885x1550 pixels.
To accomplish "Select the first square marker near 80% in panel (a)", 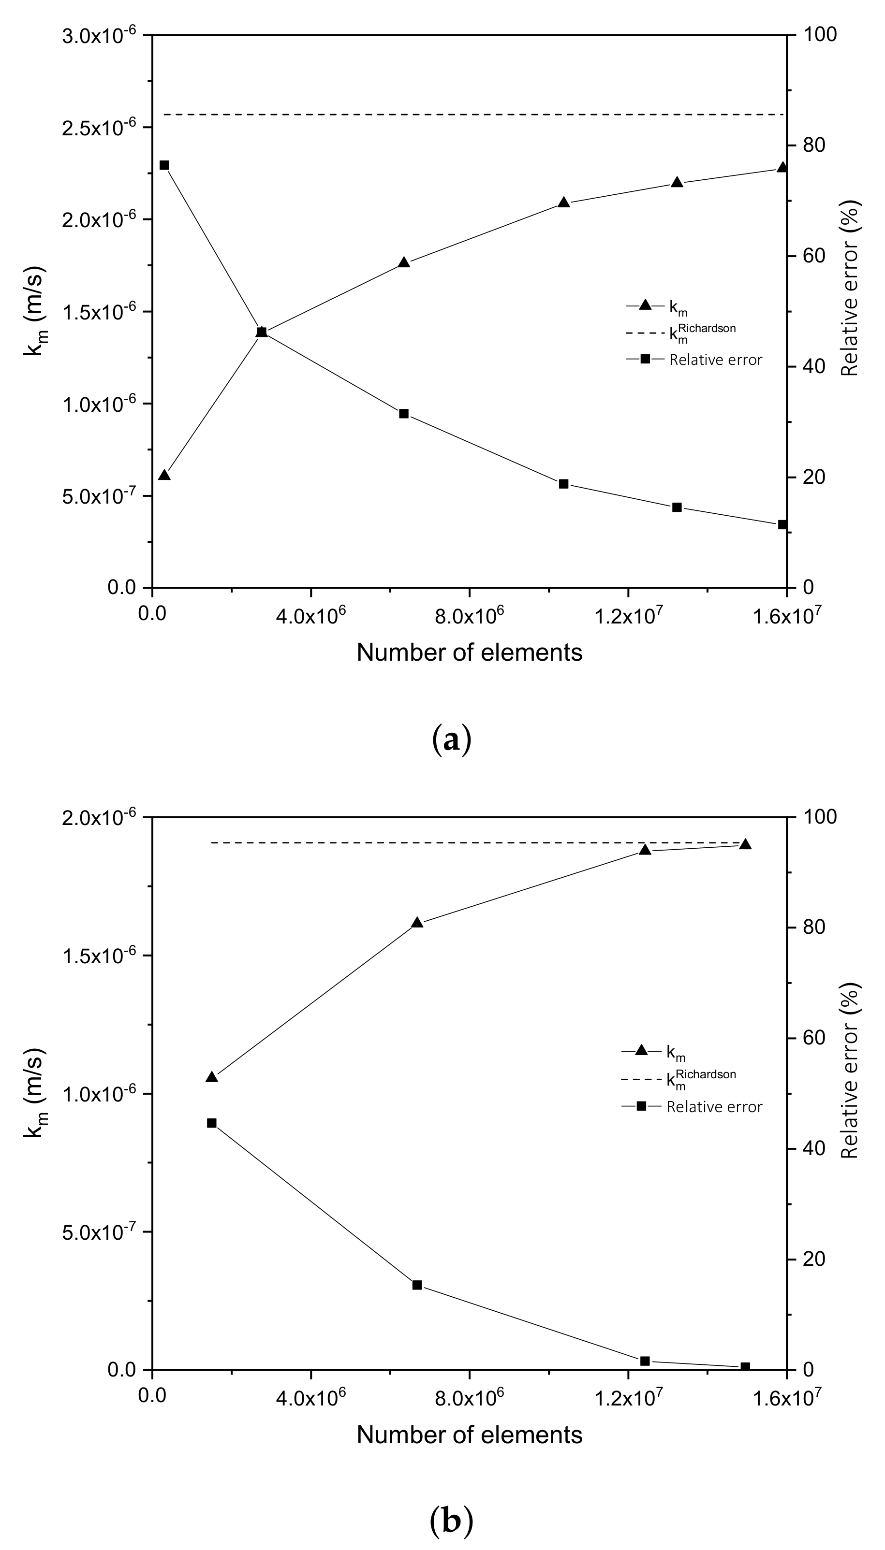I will (x=164, y=165).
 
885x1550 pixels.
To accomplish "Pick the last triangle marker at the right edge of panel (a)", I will (x=782, y=168).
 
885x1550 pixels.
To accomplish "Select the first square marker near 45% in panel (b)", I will (x=211, y=1123).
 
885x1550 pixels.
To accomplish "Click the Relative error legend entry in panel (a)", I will (x=715, y=360).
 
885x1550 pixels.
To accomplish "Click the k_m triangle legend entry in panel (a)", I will (x=678, y=307).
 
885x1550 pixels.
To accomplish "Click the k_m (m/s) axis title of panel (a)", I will (x=35, y=310).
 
